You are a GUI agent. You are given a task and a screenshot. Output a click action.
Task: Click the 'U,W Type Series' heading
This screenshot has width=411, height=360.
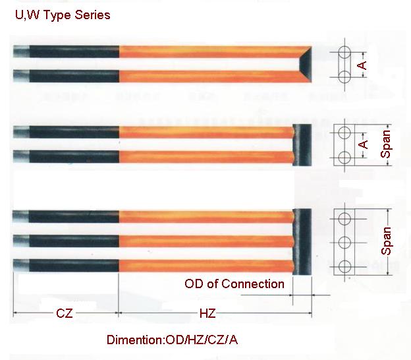click(63, 15)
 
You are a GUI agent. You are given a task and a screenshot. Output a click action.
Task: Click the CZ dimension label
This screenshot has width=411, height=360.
click(65, 313)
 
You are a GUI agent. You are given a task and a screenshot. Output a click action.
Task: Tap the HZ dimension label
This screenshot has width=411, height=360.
click(207, 313)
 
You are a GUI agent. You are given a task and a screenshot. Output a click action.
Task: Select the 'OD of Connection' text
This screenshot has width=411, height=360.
click(234, 284)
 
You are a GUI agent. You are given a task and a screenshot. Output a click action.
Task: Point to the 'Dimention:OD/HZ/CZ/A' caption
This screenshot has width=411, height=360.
click(172, 340)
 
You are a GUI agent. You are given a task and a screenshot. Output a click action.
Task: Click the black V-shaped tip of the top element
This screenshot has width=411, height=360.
click(306, 64)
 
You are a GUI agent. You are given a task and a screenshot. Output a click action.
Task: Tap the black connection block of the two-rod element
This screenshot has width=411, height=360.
click(302, 145)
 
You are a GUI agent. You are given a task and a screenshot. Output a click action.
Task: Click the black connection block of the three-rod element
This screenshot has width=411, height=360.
click(302, 242)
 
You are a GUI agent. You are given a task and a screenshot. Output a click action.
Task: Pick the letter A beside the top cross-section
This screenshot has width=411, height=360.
click(362, 65)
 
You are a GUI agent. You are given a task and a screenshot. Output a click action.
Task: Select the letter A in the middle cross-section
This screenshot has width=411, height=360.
click(363, 144)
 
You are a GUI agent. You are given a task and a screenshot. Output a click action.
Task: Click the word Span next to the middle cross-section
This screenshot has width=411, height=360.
click(386, 144)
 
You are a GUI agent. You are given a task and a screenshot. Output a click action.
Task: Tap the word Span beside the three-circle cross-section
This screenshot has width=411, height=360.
click(386, 241)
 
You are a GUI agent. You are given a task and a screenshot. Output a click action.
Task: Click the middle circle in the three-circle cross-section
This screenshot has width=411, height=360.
click(344, 243)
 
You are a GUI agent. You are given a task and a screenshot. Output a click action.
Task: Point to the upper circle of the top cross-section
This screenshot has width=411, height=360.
click(344, 52)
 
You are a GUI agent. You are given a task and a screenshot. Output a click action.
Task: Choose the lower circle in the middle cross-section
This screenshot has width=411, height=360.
click(344, 158)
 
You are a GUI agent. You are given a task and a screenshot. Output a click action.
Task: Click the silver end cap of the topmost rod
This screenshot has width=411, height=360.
click(21, 51)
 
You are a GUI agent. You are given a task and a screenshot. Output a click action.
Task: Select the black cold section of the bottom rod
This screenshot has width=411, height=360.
click(74, 266)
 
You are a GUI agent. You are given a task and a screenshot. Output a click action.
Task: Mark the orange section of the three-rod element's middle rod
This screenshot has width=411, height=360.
click(206, 241)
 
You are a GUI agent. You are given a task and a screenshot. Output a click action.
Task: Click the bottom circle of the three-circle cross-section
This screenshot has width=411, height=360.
click(344, 267)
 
